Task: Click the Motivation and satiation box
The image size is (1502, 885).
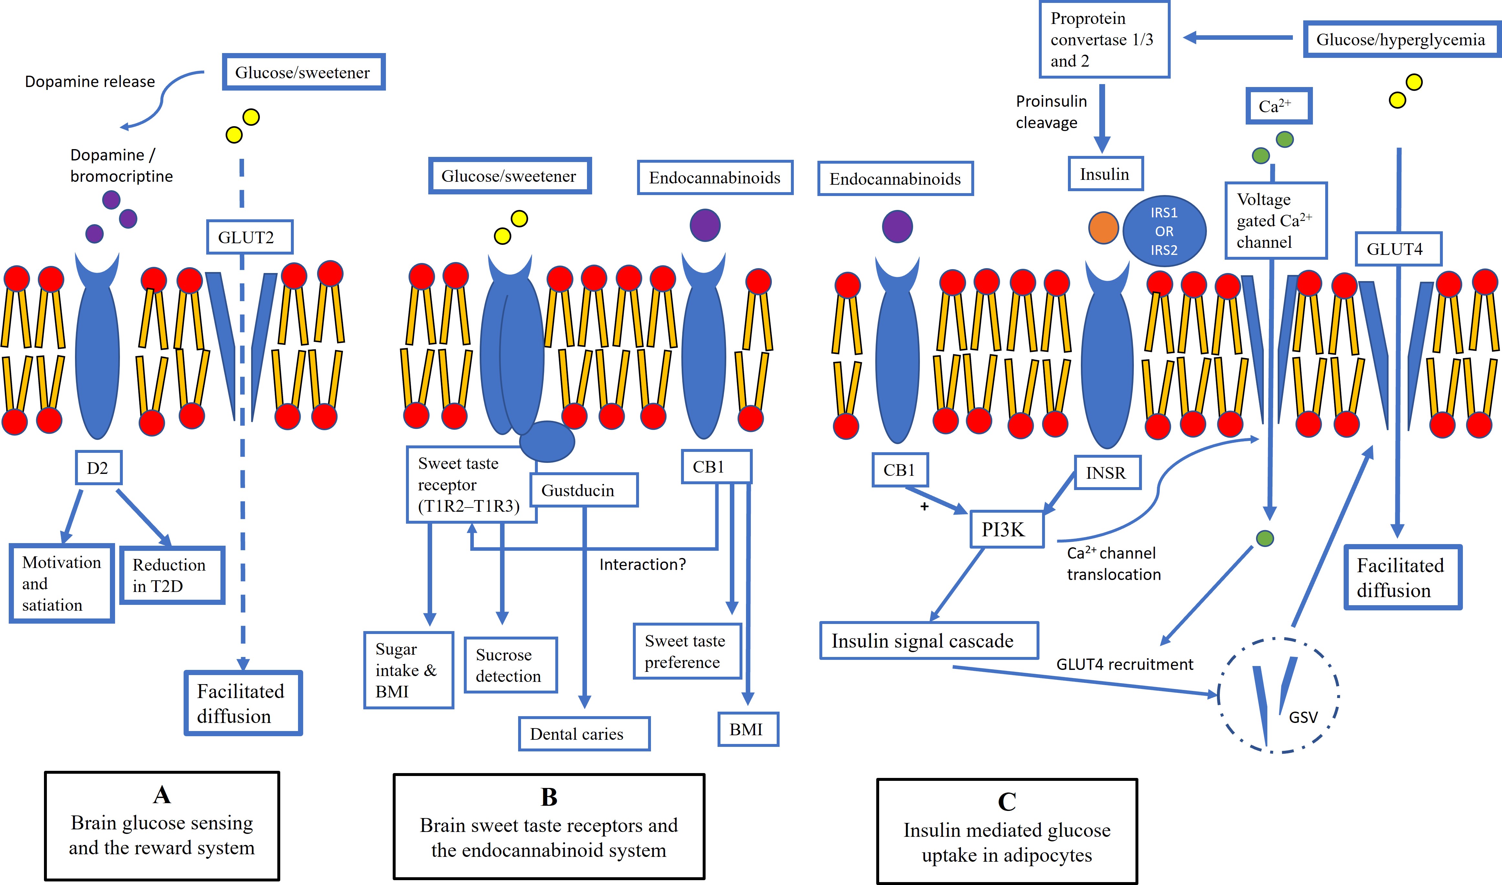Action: click(61, 583)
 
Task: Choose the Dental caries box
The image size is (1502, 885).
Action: click(583, 734)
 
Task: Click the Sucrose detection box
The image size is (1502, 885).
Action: click(510, 665)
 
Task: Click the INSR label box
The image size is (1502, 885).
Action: click(1107, 473)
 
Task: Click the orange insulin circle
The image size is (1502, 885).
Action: click(1103, 228)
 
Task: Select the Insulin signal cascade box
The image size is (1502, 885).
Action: click(929, 641)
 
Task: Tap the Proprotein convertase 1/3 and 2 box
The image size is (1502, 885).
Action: click(1104, 39)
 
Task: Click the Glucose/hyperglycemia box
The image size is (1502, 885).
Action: click(1401, 39)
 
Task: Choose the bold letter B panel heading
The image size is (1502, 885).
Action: click(549, 797)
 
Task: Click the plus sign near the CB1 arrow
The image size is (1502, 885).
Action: click(924, 506)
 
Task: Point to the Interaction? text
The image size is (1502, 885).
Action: click(643, 564)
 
